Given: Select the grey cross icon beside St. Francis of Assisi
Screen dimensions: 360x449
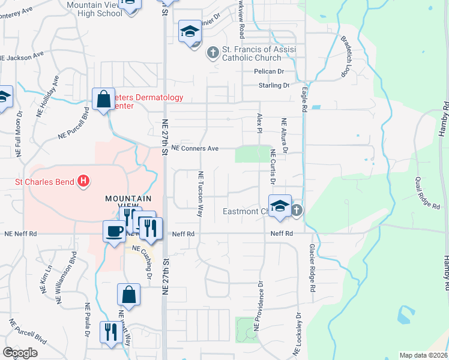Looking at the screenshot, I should coord(212,53).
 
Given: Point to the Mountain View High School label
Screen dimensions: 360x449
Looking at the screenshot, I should coord(91,8).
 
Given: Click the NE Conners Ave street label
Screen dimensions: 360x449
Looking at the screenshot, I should coord(194,148).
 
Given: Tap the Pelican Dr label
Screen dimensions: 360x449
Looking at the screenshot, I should coord(269,71).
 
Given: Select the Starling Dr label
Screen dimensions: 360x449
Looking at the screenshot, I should coord(274,86).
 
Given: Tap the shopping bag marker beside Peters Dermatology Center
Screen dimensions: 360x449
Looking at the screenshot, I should coord(103,99).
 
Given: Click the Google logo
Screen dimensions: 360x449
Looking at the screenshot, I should coord(20,353).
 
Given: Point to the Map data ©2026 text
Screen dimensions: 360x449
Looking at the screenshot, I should coord(424,355).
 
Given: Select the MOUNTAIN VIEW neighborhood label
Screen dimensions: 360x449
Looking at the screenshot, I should coord(126,202).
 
